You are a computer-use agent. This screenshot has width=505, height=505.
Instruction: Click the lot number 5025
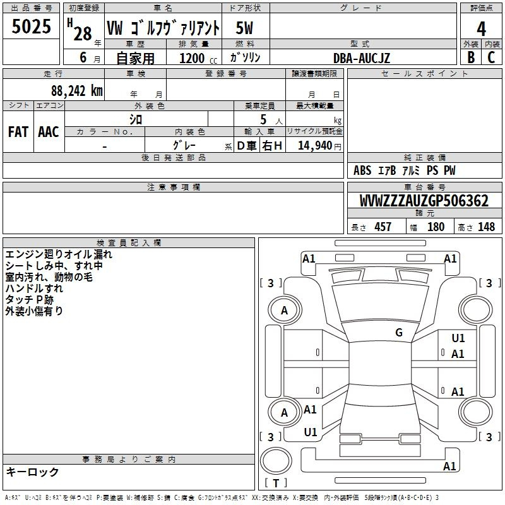tap(31, 27)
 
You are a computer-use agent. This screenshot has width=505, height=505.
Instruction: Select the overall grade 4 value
tap(481, 29)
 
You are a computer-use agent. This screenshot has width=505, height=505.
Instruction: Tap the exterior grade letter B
tap(471, 57)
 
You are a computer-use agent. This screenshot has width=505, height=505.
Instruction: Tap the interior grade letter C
tap(491, 57)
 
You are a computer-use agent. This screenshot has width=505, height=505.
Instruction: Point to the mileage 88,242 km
tap(76, 91)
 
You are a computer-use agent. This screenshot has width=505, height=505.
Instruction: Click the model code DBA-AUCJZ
tap(361, 58)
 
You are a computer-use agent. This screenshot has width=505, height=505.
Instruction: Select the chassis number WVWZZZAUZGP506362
tap(424, 201)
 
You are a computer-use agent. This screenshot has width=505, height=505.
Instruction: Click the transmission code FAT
tap(18, 132)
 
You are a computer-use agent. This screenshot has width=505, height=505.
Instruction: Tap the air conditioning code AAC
tap(49, 132)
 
